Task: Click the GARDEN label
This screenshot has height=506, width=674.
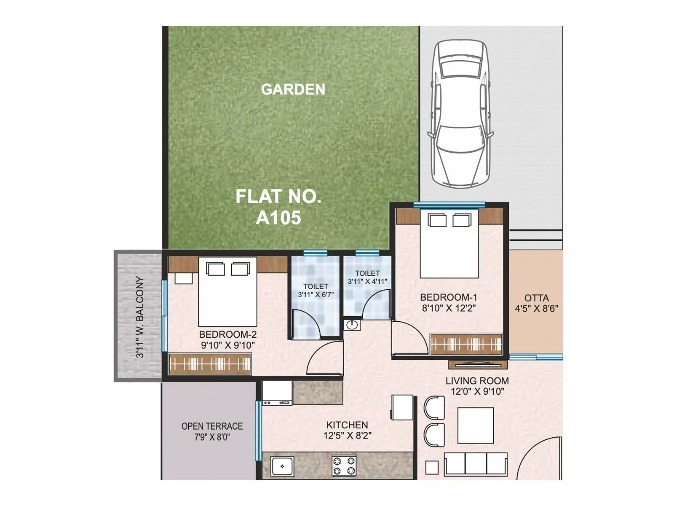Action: tap(293, 89)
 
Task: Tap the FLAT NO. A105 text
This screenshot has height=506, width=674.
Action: tap(278, 207)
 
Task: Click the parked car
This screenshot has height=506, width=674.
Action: tap(460, 114)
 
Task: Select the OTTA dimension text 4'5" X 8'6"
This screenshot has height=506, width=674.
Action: tap(536, 309)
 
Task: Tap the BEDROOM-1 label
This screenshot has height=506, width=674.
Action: tap(449, 297)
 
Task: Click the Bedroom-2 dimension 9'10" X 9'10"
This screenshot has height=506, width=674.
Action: tap(228, 345)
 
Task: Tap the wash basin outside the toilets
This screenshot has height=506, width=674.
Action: tap(352, 325)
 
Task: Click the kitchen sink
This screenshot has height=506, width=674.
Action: tap(282, 466)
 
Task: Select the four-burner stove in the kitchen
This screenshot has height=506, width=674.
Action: tap(344, 466)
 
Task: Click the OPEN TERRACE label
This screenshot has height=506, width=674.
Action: tap(212, 426)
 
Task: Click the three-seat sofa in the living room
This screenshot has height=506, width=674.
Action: tap(476, 464)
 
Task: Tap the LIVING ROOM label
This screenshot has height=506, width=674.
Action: tap(477, 381)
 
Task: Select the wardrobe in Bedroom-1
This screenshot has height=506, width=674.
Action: tap(466, 344)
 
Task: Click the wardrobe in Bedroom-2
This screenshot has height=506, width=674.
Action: tap(210, 363)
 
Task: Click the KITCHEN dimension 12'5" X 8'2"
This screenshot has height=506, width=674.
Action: tap(347, 436)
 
